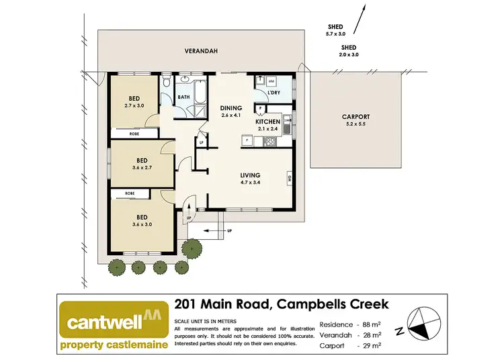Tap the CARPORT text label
tap(355, 117)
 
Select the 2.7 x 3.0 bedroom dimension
tap(134, 105)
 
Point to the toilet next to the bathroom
tap(166, 83)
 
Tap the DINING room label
tap(230, 108)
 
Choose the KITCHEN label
tap(267, 122)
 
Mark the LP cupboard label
tap(201, 142)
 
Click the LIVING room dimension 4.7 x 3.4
tap(254, 182)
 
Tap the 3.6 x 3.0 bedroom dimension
tap(142, 225)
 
